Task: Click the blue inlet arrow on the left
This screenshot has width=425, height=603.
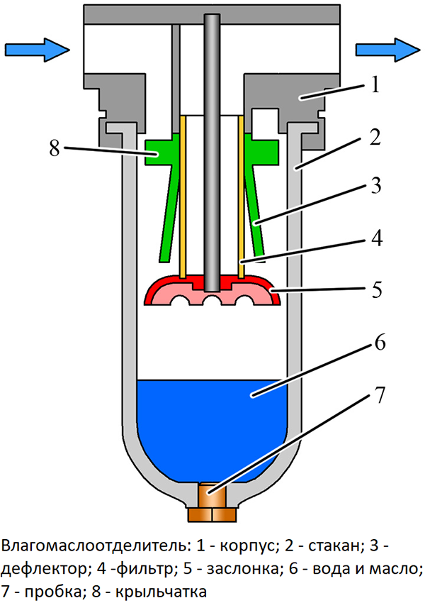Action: coord(38,50)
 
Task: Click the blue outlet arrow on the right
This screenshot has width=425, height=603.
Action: coord(387,50)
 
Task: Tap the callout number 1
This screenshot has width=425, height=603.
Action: coord(375,84)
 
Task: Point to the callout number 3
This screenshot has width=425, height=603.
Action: coord(375,185)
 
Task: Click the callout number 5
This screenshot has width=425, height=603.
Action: coord(376,289)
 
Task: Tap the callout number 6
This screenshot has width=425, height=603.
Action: coord(380,342)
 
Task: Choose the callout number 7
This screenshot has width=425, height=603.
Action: coord(379,394)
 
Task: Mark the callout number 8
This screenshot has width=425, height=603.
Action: coord(55,148)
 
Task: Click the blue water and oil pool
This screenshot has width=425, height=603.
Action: coord(212,427)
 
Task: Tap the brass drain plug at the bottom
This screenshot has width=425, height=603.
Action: coord(212,502)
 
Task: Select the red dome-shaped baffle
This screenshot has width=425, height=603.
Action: coord(212,290)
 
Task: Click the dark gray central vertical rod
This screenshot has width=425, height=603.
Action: coord(212,153)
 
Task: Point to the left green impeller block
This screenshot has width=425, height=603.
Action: coord(159,153)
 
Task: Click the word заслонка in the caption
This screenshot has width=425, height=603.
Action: coord(242,569)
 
